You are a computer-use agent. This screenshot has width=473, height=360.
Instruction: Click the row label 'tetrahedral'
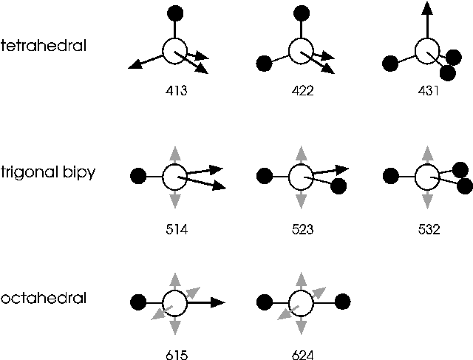click(x=44, y=46)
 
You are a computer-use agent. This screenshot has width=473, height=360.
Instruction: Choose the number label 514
click(x=176, y=229)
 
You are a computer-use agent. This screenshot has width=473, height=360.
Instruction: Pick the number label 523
click(x=302, y=229)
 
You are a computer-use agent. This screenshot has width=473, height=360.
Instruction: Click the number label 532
click(x=428, y=229)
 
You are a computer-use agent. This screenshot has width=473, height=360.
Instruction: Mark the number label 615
click(x=176, y=354)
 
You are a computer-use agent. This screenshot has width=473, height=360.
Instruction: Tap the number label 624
click(x=302, y=354)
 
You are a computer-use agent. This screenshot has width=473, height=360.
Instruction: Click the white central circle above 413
click(x=175, y=51)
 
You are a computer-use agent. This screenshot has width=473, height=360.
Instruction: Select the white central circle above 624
click(x=301, y=302)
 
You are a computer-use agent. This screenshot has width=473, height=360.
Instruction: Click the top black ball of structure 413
click(x=175, y=13)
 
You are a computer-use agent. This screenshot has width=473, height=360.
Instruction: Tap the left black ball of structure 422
click(x=263, y=64)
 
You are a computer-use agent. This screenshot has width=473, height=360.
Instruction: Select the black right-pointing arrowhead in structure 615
click(x=217, y=302)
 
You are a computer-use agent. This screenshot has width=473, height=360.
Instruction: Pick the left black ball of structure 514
click(x=137, y=176)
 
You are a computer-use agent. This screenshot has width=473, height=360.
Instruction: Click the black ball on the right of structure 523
click(x=339, y=186)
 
